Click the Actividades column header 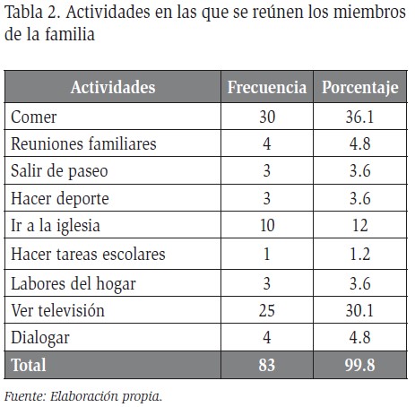[113, 87]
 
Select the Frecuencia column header [267, 87]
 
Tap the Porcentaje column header [360, 88]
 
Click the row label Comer [34, 117]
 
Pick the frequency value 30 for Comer [267, 117]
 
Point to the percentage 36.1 [359, 117]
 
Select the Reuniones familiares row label [83, 143]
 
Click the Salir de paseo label [59, 171]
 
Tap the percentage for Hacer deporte [360, 198]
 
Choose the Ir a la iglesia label [56, 226]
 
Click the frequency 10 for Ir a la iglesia [267, 225]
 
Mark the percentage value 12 [360, 225]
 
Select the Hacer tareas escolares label [88, 255]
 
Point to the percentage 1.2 [360, 255]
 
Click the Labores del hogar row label [73, 284]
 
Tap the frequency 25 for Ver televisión [267, 310]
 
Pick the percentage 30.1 [359, 310]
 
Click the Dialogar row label [40, 339]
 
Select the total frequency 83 [267, 365]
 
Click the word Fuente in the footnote [25, 396]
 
